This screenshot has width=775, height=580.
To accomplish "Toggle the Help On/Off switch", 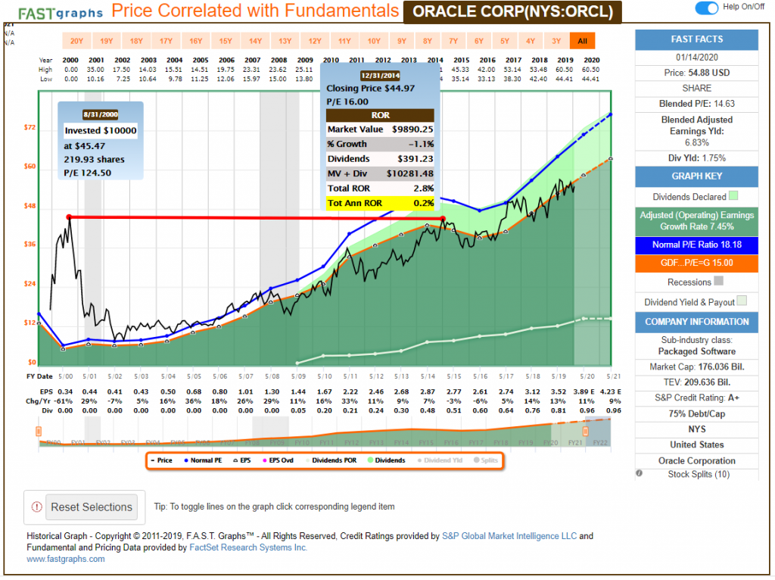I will [706, 8].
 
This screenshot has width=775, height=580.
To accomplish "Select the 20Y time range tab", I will [76, 41].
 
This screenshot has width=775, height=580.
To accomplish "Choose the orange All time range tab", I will [582, 41].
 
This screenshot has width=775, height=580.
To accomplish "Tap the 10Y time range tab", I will [374, 41].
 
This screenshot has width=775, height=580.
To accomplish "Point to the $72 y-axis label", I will [30, 128].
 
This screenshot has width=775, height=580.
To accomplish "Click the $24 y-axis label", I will [30, 284].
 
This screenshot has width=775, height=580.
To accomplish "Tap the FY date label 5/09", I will [300, 376].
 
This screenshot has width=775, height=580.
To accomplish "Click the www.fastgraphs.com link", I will [66, 559].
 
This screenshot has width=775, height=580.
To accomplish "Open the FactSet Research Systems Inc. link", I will [258, 547].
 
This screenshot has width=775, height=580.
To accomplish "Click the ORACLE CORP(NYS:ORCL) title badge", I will [513, 12].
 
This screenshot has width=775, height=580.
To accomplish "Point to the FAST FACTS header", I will [697, 39].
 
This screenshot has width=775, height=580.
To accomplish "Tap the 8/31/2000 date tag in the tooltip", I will [101, 114].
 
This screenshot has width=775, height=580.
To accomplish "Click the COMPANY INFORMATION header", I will [697, 322].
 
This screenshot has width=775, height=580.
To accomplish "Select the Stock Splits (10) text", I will [697, 473].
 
